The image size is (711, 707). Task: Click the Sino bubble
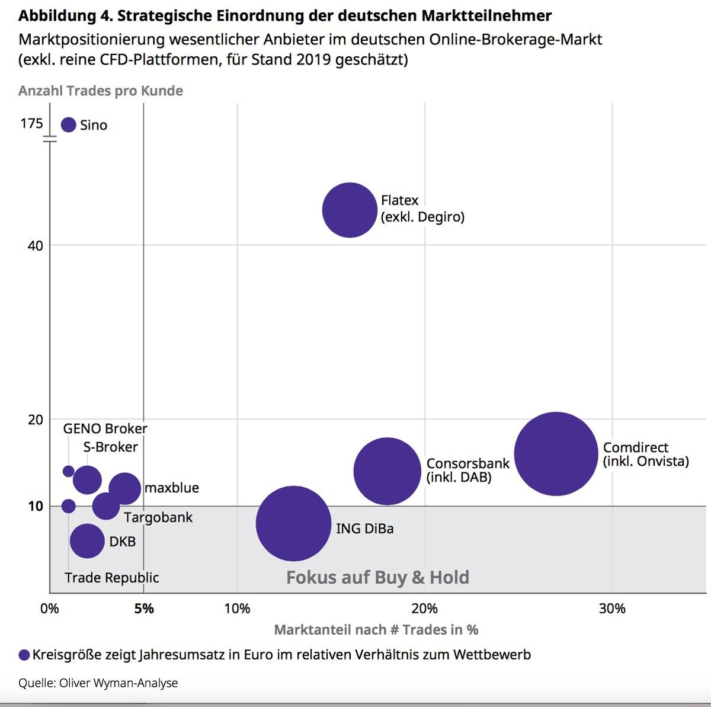coord(69,124)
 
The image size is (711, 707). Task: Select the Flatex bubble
coord(350,210)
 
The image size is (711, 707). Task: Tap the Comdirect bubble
coord(556,453)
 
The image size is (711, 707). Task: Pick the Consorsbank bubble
coord(387,471)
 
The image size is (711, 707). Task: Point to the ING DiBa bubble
coord(293,523)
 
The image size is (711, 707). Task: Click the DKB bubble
coord(87,540)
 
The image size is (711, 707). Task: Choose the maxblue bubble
coord(125,488)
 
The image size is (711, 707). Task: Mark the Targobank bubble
coord(106,506)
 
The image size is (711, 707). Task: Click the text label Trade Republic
coord(112,577)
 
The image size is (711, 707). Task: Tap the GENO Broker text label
coord(105,428)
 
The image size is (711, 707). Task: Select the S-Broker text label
coord(110,447)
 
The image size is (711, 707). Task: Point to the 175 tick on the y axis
coord(32,123)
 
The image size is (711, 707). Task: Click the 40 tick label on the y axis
coord(36,245)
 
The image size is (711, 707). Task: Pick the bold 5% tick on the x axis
coord(144,609)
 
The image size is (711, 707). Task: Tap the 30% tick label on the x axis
coord(612,609)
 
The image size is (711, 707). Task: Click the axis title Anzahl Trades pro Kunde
coord(101,91)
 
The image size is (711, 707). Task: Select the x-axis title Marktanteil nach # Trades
coord(376,629)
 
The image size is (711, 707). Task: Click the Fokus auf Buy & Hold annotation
coord(377,577)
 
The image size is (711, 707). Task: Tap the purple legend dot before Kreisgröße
coord(24,655)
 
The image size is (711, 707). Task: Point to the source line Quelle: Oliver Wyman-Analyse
coord(98,683)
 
